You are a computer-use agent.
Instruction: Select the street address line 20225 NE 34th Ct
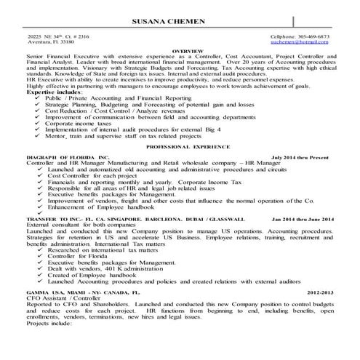tap(57, 36)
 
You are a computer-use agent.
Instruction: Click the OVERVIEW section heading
tap(181, 52)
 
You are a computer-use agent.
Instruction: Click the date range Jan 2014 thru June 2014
tap(304, 219)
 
